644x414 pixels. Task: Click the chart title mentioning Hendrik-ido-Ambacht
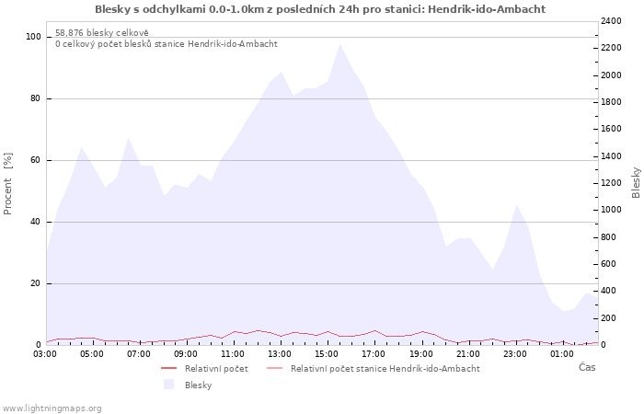pyautogui.click(x=320, y=9)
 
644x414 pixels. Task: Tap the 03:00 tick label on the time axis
pyautogui.click(x=46, y=354)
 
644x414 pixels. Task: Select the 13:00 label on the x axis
pyautogui.click(x=280, y=354)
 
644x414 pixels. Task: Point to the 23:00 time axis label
pyautogui.click(x=514, y=354)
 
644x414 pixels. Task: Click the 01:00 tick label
pyautogui.click(x=561, y=354)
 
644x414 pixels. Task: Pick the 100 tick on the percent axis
pyautogui.click(x=33, y=37)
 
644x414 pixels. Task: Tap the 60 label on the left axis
pyautogui.click(x=35, y=160)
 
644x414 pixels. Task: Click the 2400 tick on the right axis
pyautogui.click(x=611, y=21)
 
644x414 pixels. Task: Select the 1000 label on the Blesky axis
pyautogui.click(x=611, y=210)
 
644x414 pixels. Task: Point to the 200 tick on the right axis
pyautogui.click(x=608, y=318)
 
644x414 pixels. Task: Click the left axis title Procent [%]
pyautogui.click(x=7, y=184)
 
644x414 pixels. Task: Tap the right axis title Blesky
pyautogui.click(x=636, y=182)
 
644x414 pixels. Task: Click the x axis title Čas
pyautogui.click(x=587, y=367)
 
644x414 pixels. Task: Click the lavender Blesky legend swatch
pyautogui.click(x=168, y=385)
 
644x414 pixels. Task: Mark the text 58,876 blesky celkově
pyautogui.click(x=102, y=33)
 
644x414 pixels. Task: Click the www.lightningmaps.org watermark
pyautogui.click(x=52, y=408)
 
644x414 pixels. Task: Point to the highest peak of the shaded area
pyautogui.click(x=339, y=44)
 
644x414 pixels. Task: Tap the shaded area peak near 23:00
pyautogui.click(x=516, y=205)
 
